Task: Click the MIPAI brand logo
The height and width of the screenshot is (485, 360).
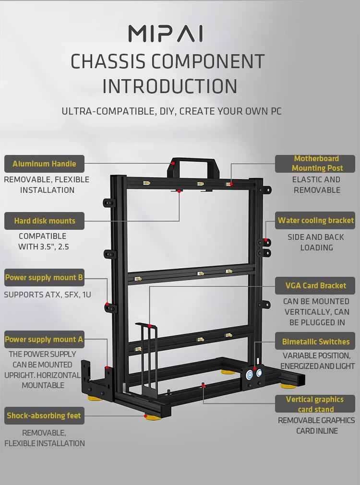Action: (166, 34)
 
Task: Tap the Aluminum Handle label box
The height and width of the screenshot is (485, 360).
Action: (44, 164)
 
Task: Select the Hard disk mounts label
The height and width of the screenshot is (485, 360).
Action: (44, 221)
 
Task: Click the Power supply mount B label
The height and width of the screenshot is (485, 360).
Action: (44, 277)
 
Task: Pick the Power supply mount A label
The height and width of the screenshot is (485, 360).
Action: (44, 339)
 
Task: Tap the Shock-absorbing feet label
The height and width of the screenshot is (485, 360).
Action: (44, 415)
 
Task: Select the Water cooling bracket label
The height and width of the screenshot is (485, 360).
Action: (315, 221)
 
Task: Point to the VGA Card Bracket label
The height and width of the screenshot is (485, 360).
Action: (315, 285)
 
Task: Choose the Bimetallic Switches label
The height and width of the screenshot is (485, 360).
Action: (315, 342)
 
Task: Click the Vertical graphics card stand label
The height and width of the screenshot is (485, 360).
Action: (315, 404)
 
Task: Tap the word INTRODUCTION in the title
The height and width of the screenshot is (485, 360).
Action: (170, 86)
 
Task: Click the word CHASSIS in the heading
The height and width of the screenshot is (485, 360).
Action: (108, 62)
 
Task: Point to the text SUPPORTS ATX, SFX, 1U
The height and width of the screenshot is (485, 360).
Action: (48, 295)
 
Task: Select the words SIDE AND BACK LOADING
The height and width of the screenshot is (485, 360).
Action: (316, 242)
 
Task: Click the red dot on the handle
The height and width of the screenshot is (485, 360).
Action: (174, 163)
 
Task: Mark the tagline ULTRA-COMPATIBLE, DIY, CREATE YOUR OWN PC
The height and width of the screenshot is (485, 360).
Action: (171, 111)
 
